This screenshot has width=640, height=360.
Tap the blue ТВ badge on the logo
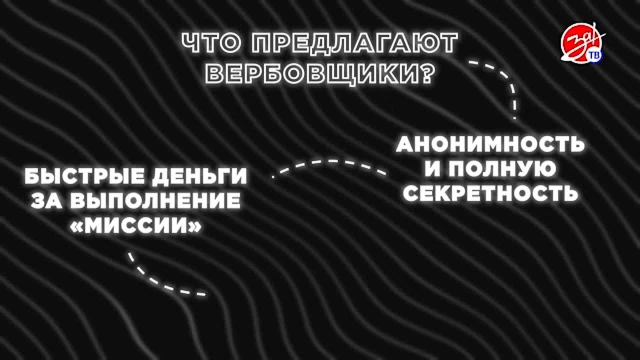pos(594,56)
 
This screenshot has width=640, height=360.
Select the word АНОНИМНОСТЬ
pos(489,144)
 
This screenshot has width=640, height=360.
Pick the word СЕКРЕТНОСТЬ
pos(490,193)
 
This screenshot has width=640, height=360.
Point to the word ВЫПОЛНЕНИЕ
pos(155,200)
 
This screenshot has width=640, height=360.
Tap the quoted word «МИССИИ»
pos(135,226)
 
